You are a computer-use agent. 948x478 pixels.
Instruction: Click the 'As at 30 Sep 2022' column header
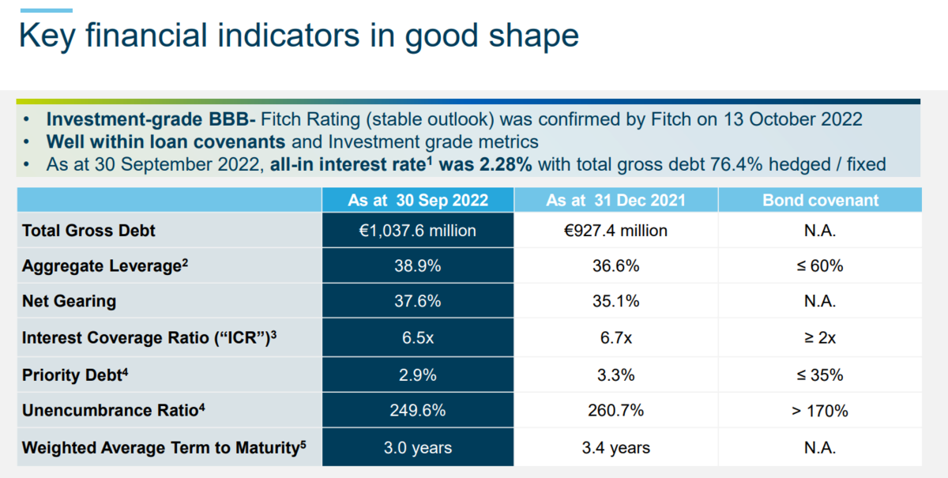click(418, 200)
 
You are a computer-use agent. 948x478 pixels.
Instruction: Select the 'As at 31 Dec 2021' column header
click(615, 200)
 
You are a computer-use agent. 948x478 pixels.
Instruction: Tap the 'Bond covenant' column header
click(820, 200)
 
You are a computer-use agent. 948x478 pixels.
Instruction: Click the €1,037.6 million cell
click(418, 231)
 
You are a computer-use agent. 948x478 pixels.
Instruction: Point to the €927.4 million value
click(615, 231)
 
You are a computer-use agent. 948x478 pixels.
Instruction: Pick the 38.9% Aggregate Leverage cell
click(418, 266)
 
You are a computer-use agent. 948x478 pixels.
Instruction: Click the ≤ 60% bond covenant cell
click(820, 266)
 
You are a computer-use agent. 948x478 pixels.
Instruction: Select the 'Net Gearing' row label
click(69, 301)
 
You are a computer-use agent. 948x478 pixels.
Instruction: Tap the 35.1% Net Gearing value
click(615, 301)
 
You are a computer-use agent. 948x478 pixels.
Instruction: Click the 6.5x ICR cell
click(418, 338)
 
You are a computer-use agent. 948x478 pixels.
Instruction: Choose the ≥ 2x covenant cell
click(820, 338)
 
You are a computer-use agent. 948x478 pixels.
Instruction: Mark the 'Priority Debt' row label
click(75, 374)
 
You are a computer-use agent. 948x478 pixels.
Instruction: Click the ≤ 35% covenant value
click(820, 375)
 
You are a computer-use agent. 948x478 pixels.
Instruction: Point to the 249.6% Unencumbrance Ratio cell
click(418, 410)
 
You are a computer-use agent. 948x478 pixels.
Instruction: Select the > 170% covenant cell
click(820, 411)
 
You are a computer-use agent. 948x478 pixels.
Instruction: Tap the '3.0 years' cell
click(418, 447)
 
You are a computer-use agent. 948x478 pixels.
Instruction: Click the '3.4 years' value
click(615, 447)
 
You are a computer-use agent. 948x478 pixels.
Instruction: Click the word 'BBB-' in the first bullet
click(232, 119)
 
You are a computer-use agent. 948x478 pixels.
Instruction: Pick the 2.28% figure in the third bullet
click(506, 164)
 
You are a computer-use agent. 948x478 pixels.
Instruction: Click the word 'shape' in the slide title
click(534, 36)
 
